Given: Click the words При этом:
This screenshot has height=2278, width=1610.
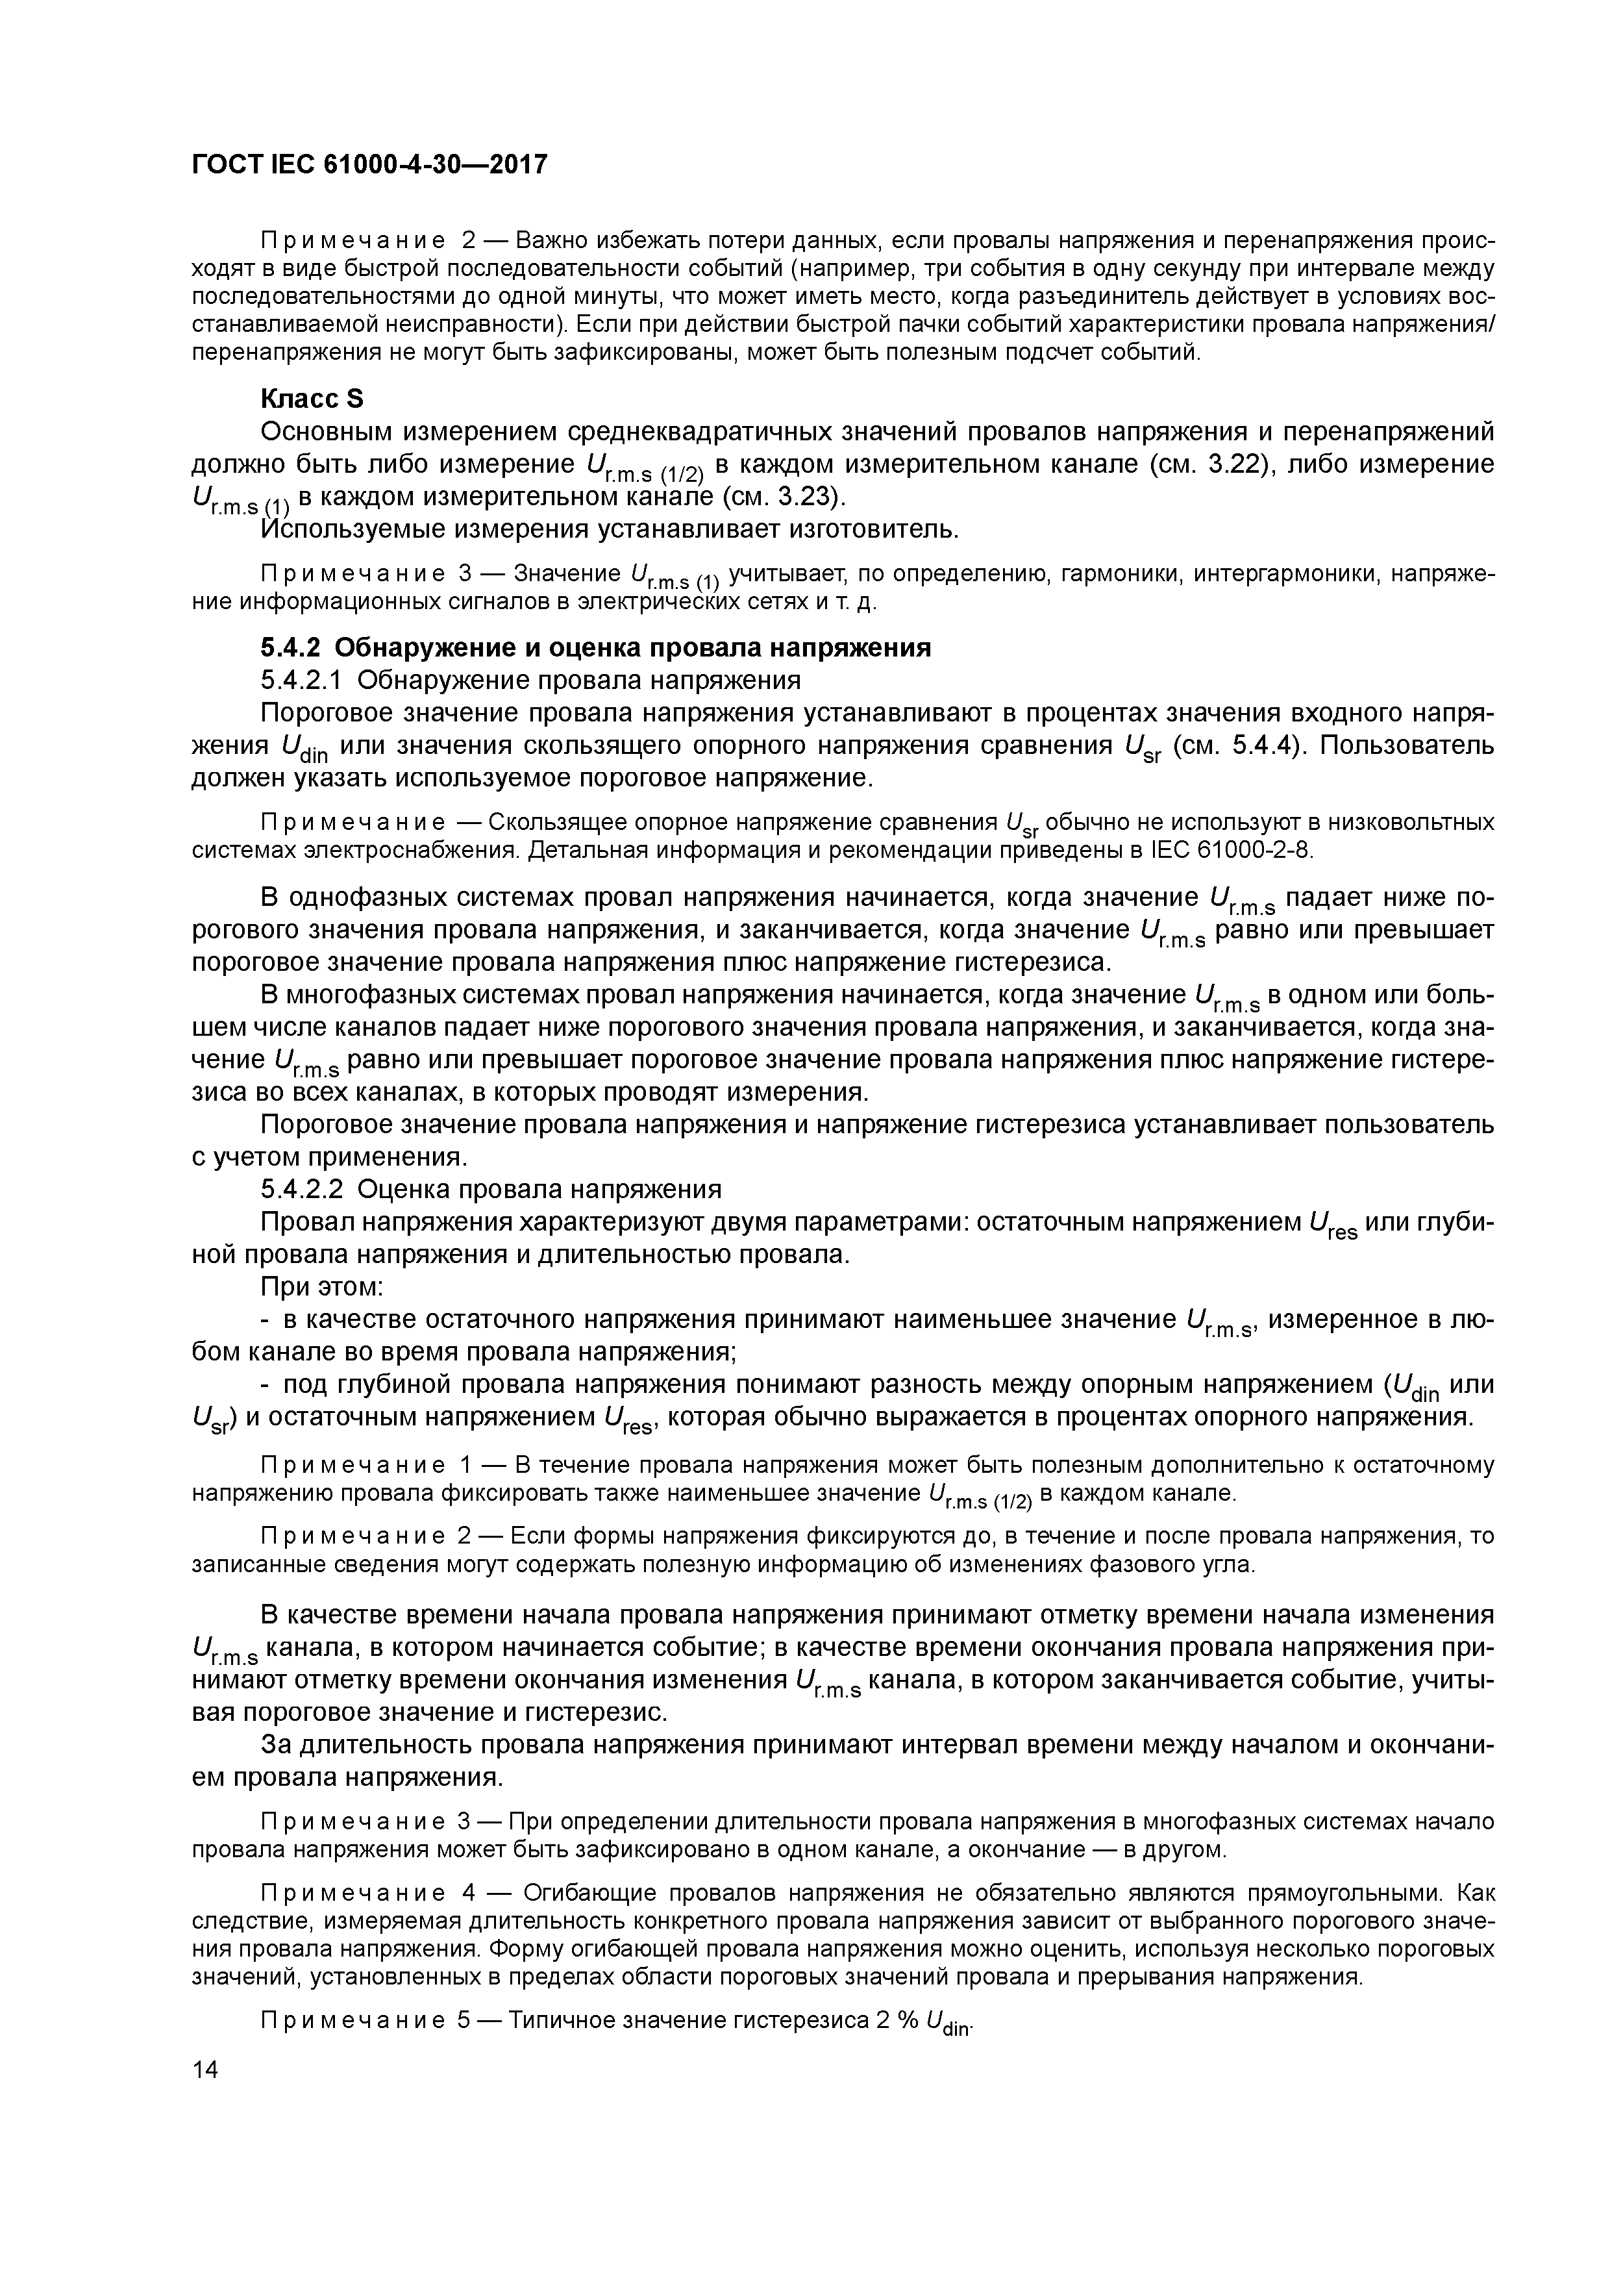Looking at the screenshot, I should pos(323,1287).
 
